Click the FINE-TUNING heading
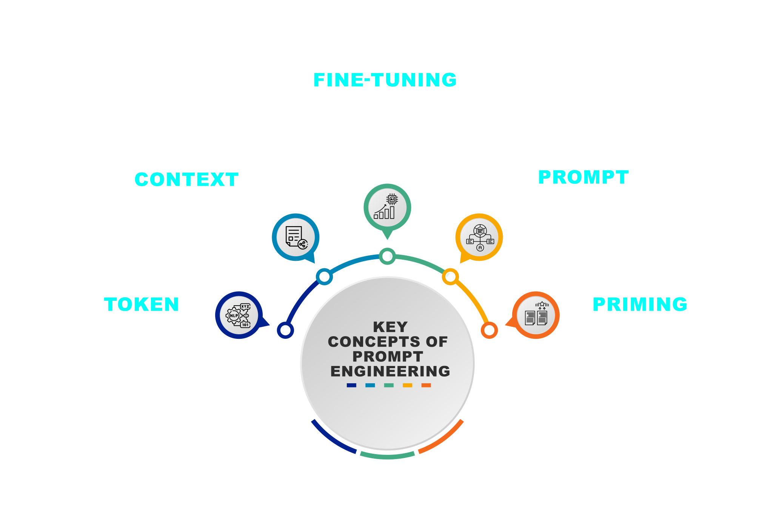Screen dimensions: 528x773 point(385,80)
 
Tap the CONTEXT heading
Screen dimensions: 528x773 point(186,179)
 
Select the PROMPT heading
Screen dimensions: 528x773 point(583,177)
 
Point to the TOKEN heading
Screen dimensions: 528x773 point(142,305)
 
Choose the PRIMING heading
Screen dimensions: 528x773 point(640,305)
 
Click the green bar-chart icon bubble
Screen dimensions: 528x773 point(387,208)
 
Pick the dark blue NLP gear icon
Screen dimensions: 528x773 point(239,315)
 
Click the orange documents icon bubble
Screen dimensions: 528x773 point(536,315)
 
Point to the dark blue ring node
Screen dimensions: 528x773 point(285,330)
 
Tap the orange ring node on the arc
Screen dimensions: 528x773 point(489,330)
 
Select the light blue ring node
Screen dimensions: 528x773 point(324,277)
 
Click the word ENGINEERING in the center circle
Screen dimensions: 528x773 point(390,371)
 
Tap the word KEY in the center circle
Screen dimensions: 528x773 point(390,326)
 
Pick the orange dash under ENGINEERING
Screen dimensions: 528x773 point(426,385)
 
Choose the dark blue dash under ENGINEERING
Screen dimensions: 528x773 point(351,385)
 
